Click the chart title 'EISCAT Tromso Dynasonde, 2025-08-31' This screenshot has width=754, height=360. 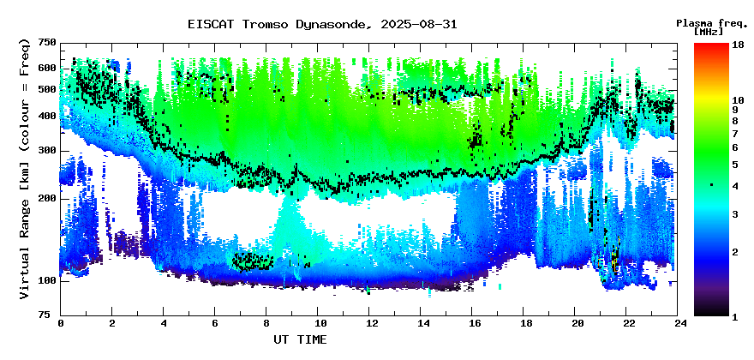(x=323, y=25)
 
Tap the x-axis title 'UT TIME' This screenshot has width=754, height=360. (x=300, y=339)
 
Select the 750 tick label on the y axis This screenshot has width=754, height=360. (x=49, y=44)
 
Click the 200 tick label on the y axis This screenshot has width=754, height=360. (x=49, y=199)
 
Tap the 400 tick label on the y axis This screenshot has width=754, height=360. (x=49, y=117)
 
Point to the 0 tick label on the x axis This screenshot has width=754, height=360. (x=61, y=324)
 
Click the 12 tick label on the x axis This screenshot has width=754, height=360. (x=368, y=324)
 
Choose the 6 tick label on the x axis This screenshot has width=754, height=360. (x=215, y=324)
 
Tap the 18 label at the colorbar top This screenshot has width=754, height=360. (x=738, y=45)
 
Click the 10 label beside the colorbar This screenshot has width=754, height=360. (x=738, y=100)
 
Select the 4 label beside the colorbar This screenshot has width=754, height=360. (x=735, y=185)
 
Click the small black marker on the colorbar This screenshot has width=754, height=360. (x=712, y=185)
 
